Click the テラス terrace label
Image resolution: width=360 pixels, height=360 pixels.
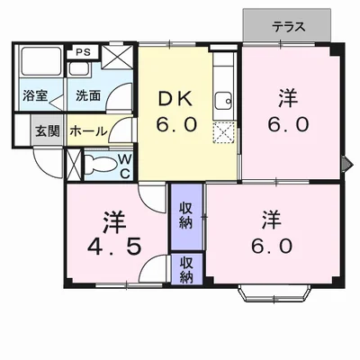[288, 27]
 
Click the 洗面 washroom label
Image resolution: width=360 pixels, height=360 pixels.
[87, 94]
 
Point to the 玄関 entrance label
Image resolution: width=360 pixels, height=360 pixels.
[47, 130]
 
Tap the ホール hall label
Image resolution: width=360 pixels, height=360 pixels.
[87, 130]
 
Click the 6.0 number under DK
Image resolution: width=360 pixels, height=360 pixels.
[176, 124]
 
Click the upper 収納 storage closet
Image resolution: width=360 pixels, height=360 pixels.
[186, 215]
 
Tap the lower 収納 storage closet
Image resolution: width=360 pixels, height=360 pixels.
[186, 270]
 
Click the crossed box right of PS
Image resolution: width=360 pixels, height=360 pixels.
[116, 57]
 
